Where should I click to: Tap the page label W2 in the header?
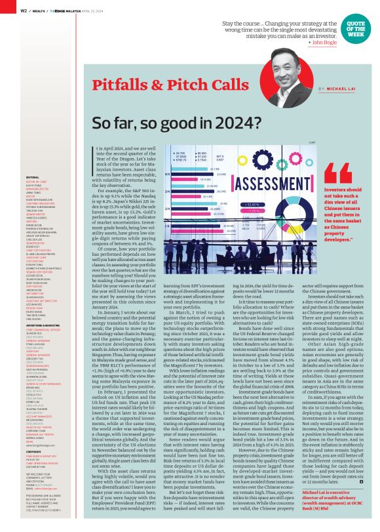[24, 10]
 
